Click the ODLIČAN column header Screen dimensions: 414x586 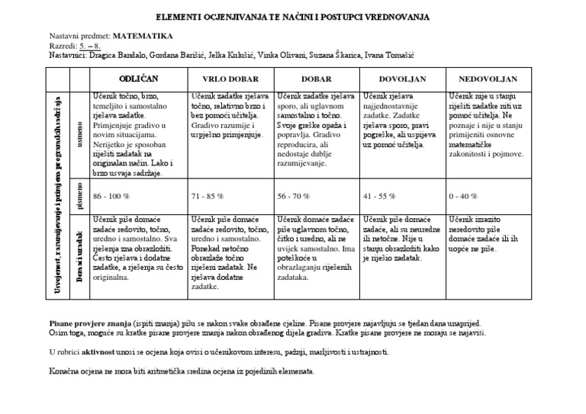pyautogui.click(x=138, y=79)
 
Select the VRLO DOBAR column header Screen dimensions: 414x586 pyautogui.click(x=230, y=79)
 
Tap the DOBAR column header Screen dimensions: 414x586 pyautogui.click(x=316, y=79)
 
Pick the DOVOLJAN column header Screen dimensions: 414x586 pyautogui.click(x=402, y=79)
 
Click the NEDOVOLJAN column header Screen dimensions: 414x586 pyautogui.click(x=488, y=79)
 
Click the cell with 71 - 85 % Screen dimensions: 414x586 pyautogui.click(x=208, y=196)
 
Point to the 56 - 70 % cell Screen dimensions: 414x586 pyautogui.click(x=294, y=196)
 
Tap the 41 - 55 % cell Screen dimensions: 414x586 pyautogui.click(x=380, y=196)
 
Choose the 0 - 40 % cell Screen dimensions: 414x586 pyautogui.click(x=464, y=196)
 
